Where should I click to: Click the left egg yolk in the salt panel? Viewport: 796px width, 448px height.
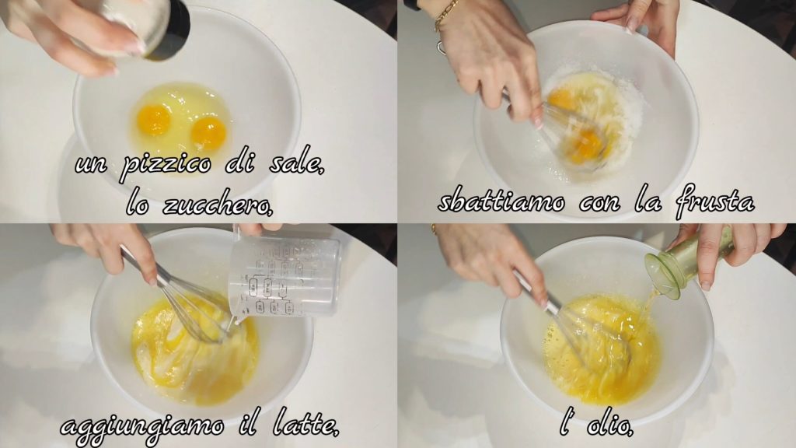153,120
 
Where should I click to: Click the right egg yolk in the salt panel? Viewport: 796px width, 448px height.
208,132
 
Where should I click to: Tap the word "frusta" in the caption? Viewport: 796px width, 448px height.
715,201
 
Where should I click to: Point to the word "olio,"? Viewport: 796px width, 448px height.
609,425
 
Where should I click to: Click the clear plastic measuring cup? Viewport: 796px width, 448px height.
285,275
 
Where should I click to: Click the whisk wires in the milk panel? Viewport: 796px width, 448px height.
198,313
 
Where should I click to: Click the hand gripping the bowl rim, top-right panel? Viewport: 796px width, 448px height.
640,20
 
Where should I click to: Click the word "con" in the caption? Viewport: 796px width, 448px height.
600,203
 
